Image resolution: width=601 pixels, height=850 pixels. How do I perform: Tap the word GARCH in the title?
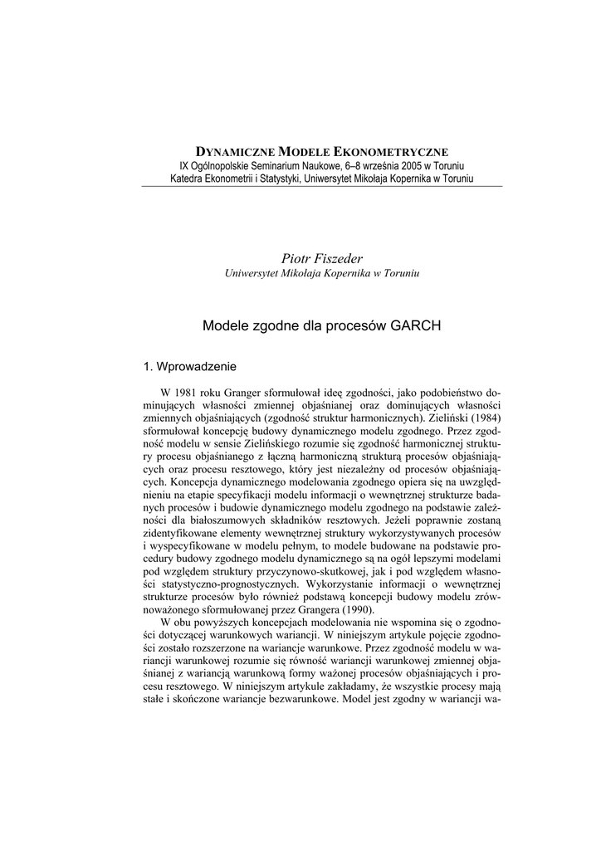[415, 327]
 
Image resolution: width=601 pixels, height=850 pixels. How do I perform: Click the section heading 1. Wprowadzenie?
[190, 366]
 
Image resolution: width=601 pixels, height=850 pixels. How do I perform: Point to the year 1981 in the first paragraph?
[184, 391]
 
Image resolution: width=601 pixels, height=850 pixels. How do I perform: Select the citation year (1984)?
[481, 417]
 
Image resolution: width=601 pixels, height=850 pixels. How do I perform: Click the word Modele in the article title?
[222, 327]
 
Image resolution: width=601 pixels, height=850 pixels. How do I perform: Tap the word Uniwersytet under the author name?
[252, 275]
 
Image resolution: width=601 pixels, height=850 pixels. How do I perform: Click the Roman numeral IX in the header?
[175, 165]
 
